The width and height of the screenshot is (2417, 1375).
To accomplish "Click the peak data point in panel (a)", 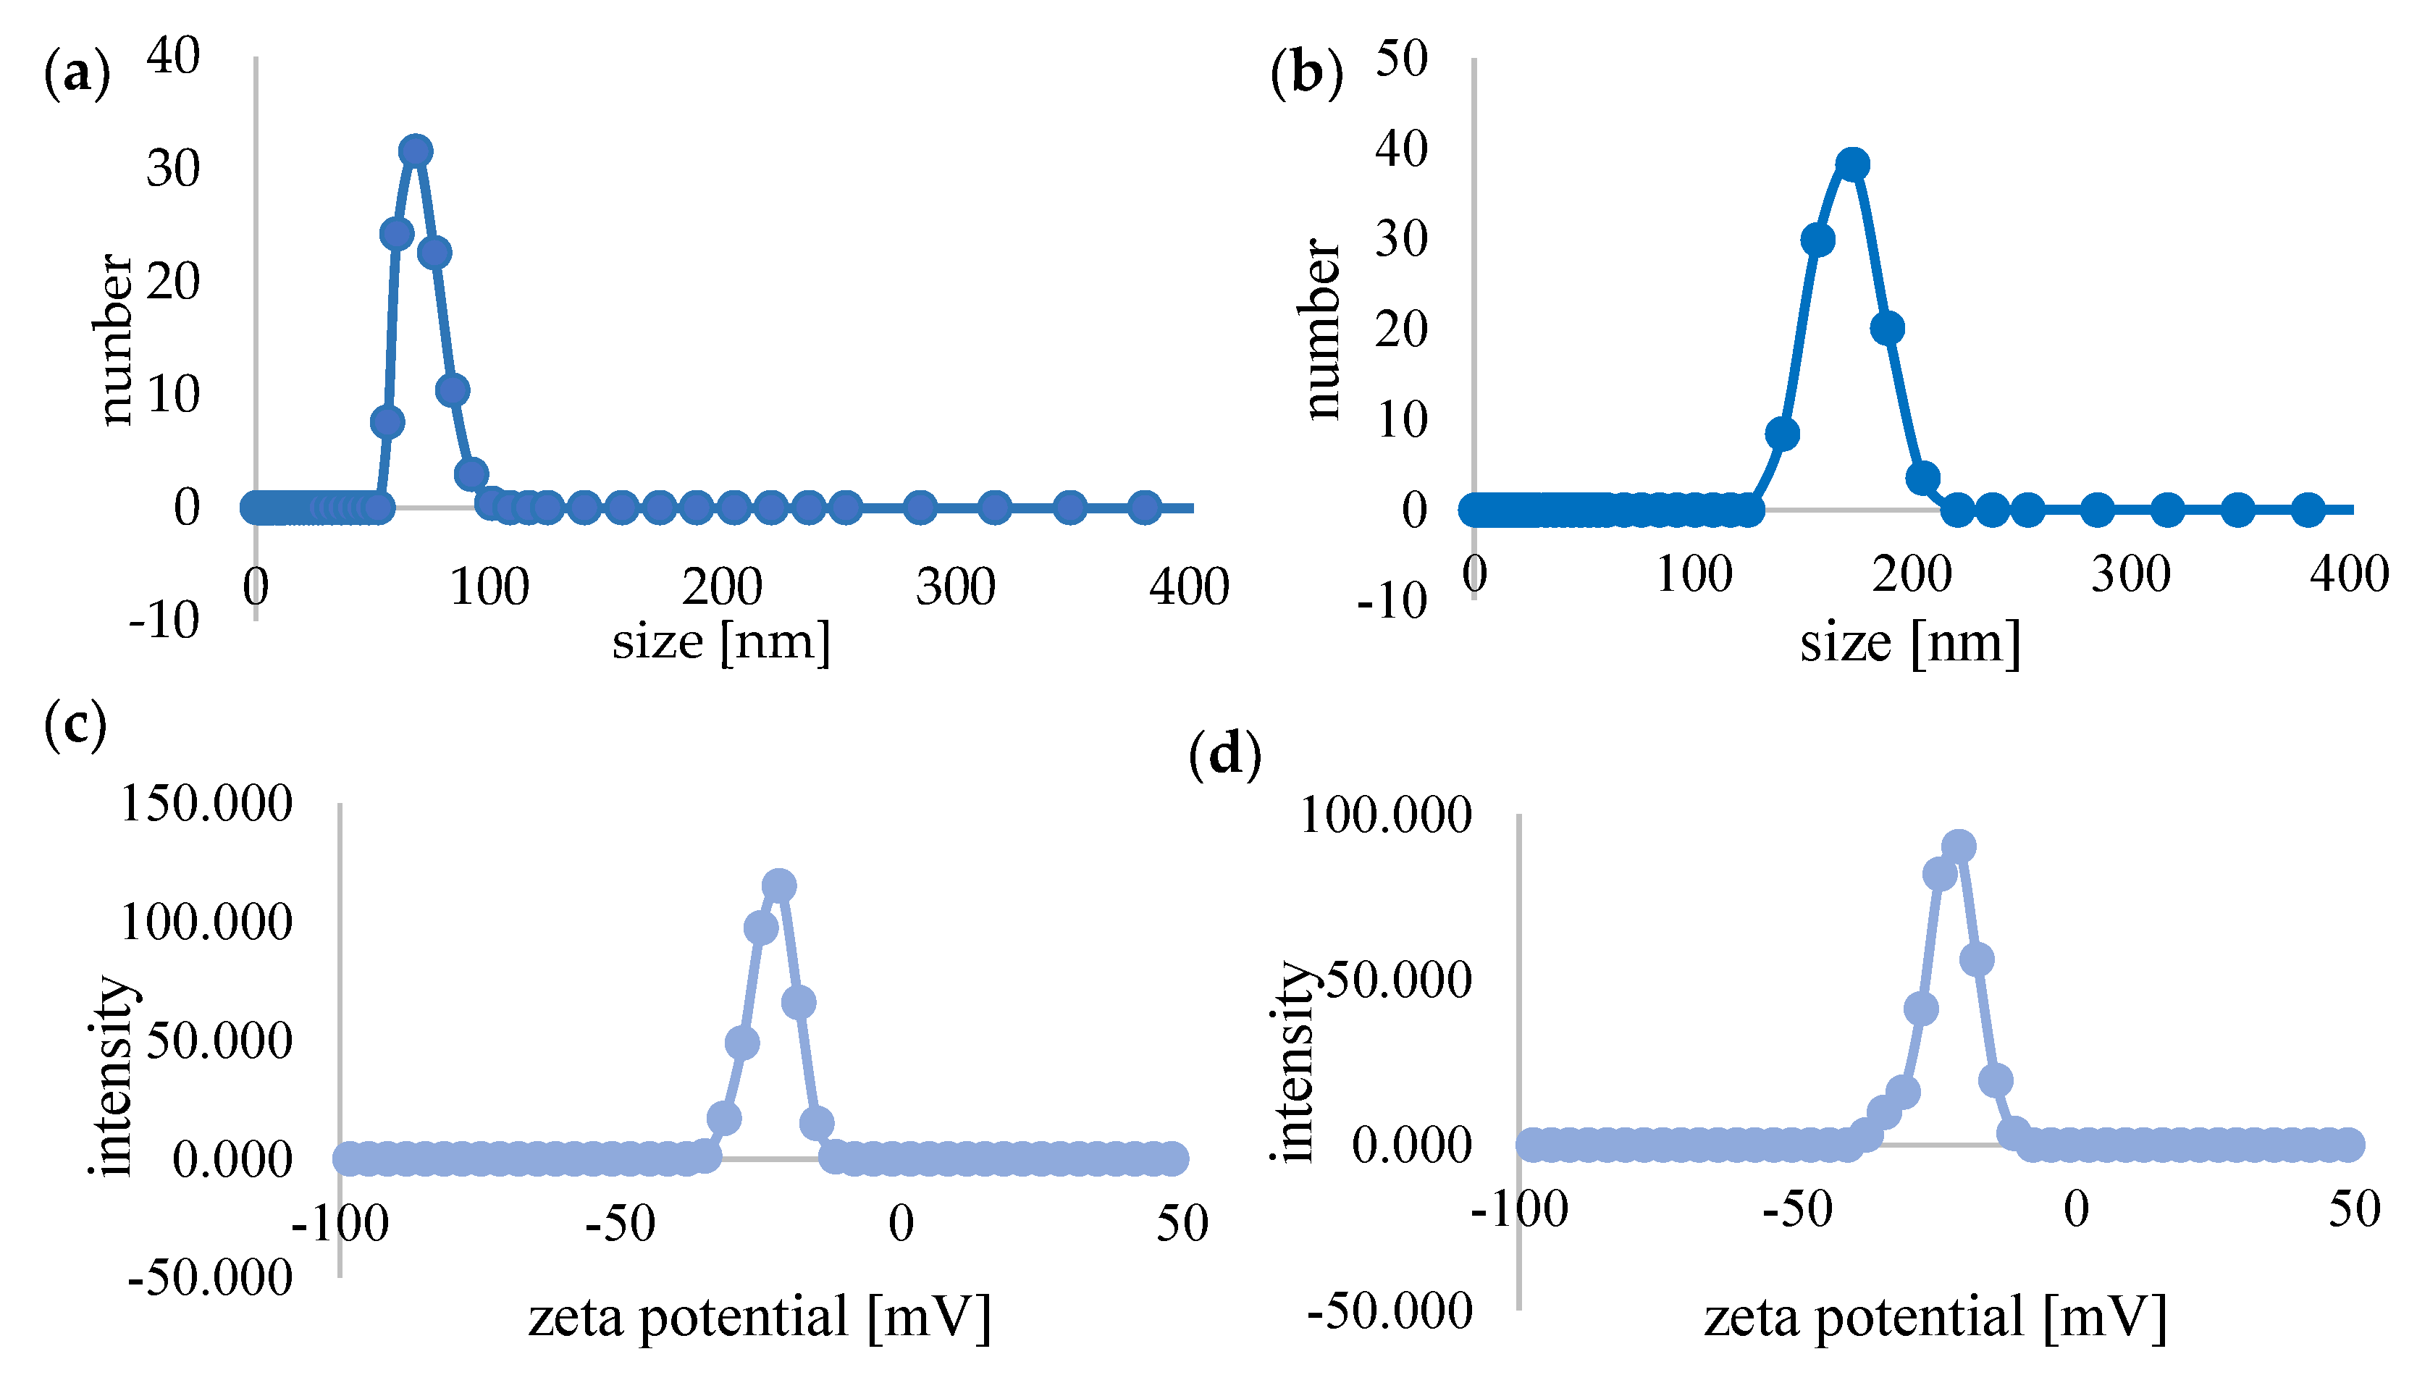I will (x=416, y=151).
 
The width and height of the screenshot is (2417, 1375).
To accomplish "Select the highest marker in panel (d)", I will (x=1959, y=846).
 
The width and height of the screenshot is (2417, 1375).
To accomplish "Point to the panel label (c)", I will (x=75, y=726).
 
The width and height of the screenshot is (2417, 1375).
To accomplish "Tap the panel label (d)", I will (x=1224, y=755).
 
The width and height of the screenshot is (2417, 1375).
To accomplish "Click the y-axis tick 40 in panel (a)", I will (x=174, y=56).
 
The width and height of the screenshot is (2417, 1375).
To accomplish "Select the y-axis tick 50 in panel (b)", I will (x=1401, y=59).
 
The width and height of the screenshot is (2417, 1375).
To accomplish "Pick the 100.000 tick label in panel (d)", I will (x=1385, y=815).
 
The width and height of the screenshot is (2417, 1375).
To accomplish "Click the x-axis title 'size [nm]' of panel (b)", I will (x=1909, y=644).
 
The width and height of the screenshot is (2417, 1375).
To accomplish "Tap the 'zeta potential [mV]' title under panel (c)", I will (x=759, y=1316).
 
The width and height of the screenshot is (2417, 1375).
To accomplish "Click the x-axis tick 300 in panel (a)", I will (x=956, y=587).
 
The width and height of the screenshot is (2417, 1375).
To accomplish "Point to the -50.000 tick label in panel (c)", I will (x=209, y=1279).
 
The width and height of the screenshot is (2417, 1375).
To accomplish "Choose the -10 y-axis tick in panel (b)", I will (x=1391, y=601).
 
